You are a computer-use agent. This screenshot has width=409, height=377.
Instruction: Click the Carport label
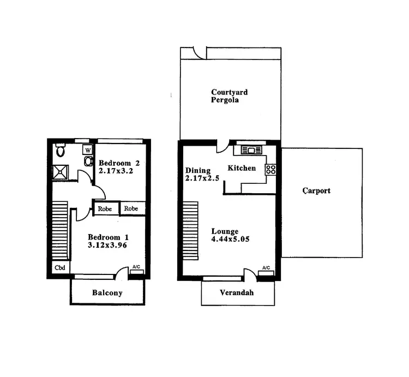pyautogui.click(x=316, y=191)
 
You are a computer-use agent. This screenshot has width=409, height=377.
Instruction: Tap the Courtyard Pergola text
pyautogui.click(x=225, y=96)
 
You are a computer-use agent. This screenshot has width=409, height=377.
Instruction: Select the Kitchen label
pyautogui.click(x=242, y=168)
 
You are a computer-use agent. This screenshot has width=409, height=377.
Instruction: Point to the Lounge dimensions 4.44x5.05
pyautogui.click(x=231, y=239)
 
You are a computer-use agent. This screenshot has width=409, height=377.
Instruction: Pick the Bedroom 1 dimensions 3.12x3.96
pyautogui.click(x=107, y=246)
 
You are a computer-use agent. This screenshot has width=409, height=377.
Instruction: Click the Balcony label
pyautogui.click(x=107, y=293)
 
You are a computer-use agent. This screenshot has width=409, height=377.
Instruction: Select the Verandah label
pyautogui.click(x=236, y=293)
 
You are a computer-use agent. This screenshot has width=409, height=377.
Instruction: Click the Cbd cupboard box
pyautogui.click(x=60, y=268)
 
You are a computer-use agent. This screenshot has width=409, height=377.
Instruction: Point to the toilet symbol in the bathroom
pyautogui.click(x=61, y=149)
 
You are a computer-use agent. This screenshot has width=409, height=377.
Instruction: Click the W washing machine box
pyautogui.click(x=87, y=150)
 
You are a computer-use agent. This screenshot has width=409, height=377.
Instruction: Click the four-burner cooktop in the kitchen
pyautogui.click(x=271, y=169)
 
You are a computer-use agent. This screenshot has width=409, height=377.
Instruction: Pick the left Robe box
pyautogui.click(x=105, y=208)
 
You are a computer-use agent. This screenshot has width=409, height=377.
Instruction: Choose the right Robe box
pyautogui.click(x=131, y=208)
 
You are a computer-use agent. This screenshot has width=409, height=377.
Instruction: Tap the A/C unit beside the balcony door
pyautogui.click(x=136, y=271)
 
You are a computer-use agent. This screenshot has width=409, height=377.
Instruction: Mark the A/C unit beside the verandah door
pyautogui.click(x=266, y=272)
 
